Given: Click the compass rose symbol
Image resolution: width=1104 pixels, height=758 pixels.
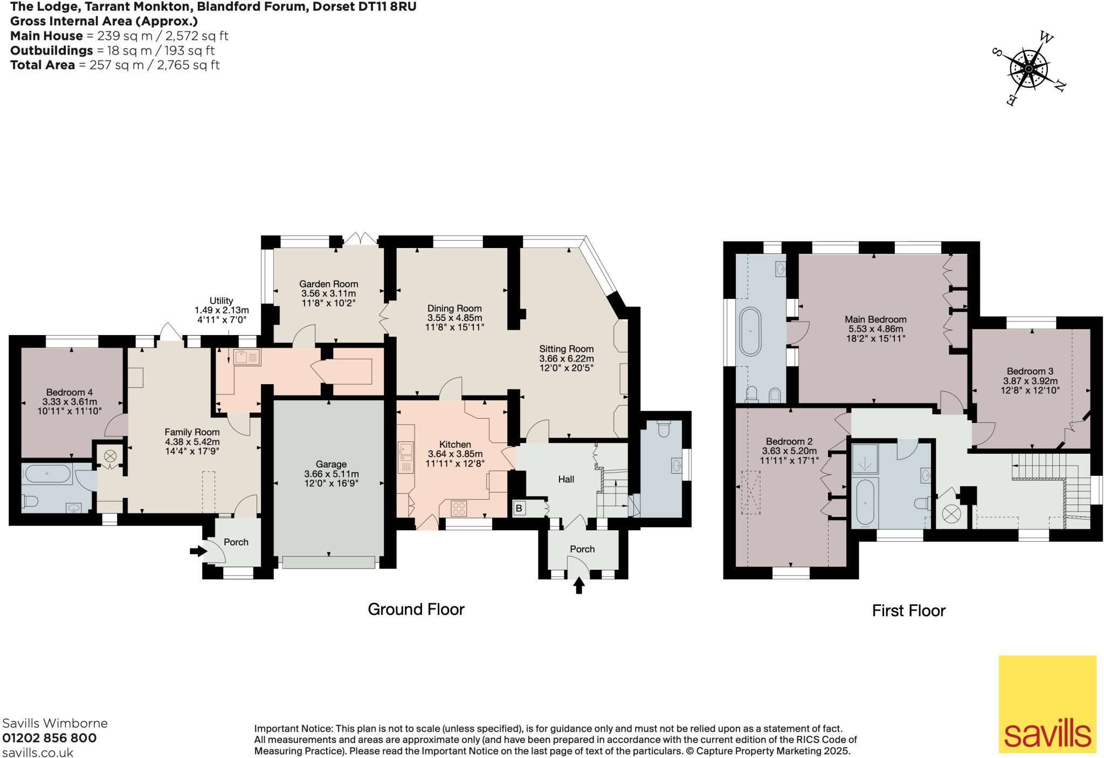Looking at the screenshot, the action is (1029, 69).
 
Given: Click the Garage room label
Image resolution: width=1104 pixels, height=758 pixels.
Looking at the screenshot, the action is (331, 465).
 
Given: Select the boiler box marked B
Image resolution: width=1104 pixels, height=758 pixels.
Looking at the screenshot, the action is (520, 508).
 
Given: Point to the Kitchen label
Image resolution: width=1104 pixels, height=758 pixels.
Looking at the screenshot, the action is (455, 445).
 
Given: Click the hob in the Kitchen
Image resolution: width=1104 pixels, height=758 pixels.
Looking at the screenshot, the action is (459, 508).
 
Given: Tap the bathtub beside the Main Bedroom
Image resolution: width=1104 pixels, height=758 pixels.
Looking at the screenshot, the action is (750, 331).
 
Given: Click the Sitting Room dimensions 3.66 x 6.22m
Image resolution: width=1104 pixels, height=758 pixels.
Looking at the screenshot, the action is (567, 358).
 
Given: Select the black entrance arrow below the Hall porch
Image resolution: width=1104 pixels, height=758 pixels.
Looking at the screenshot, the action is (579, 585).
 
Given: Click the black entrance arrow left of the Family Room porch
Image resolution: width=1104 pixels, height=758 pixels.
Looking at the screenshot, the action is (198, 551).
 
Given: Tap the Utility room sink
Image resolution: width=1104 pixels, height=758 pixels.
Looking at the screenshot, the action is (247, 358).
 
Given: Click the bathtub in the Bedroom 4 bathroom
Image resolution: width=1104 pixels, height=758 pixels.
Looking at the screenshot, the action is (46, 474).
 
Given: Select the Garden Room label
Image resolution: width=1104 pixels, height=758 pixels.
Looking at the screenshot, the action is (329, 284).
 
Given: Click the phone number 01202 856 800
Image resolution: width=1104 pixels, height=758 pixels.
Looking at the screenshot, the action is (50, 737).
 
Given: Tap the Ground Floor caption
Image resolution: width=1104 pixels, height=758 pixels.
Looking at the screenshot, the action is (416, 609).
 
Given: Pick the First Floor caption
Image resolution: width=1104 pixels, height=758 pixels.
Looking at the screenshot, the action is (909, 610).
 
